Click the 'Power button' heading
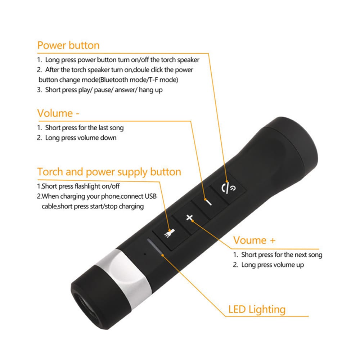coord(68,46)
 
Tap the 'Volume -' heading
coord(58,113)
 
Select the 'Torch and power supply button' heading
coord(109,172)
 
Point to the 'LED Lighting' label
coord(257,309)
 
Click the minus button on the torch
coord(208,202)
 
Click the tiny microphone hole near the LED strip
coord(144,253)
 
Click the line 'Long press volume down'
coord(81,138)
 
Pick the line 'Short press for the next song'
coord(282,255)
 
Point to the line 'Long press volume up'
coord(273,265)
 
